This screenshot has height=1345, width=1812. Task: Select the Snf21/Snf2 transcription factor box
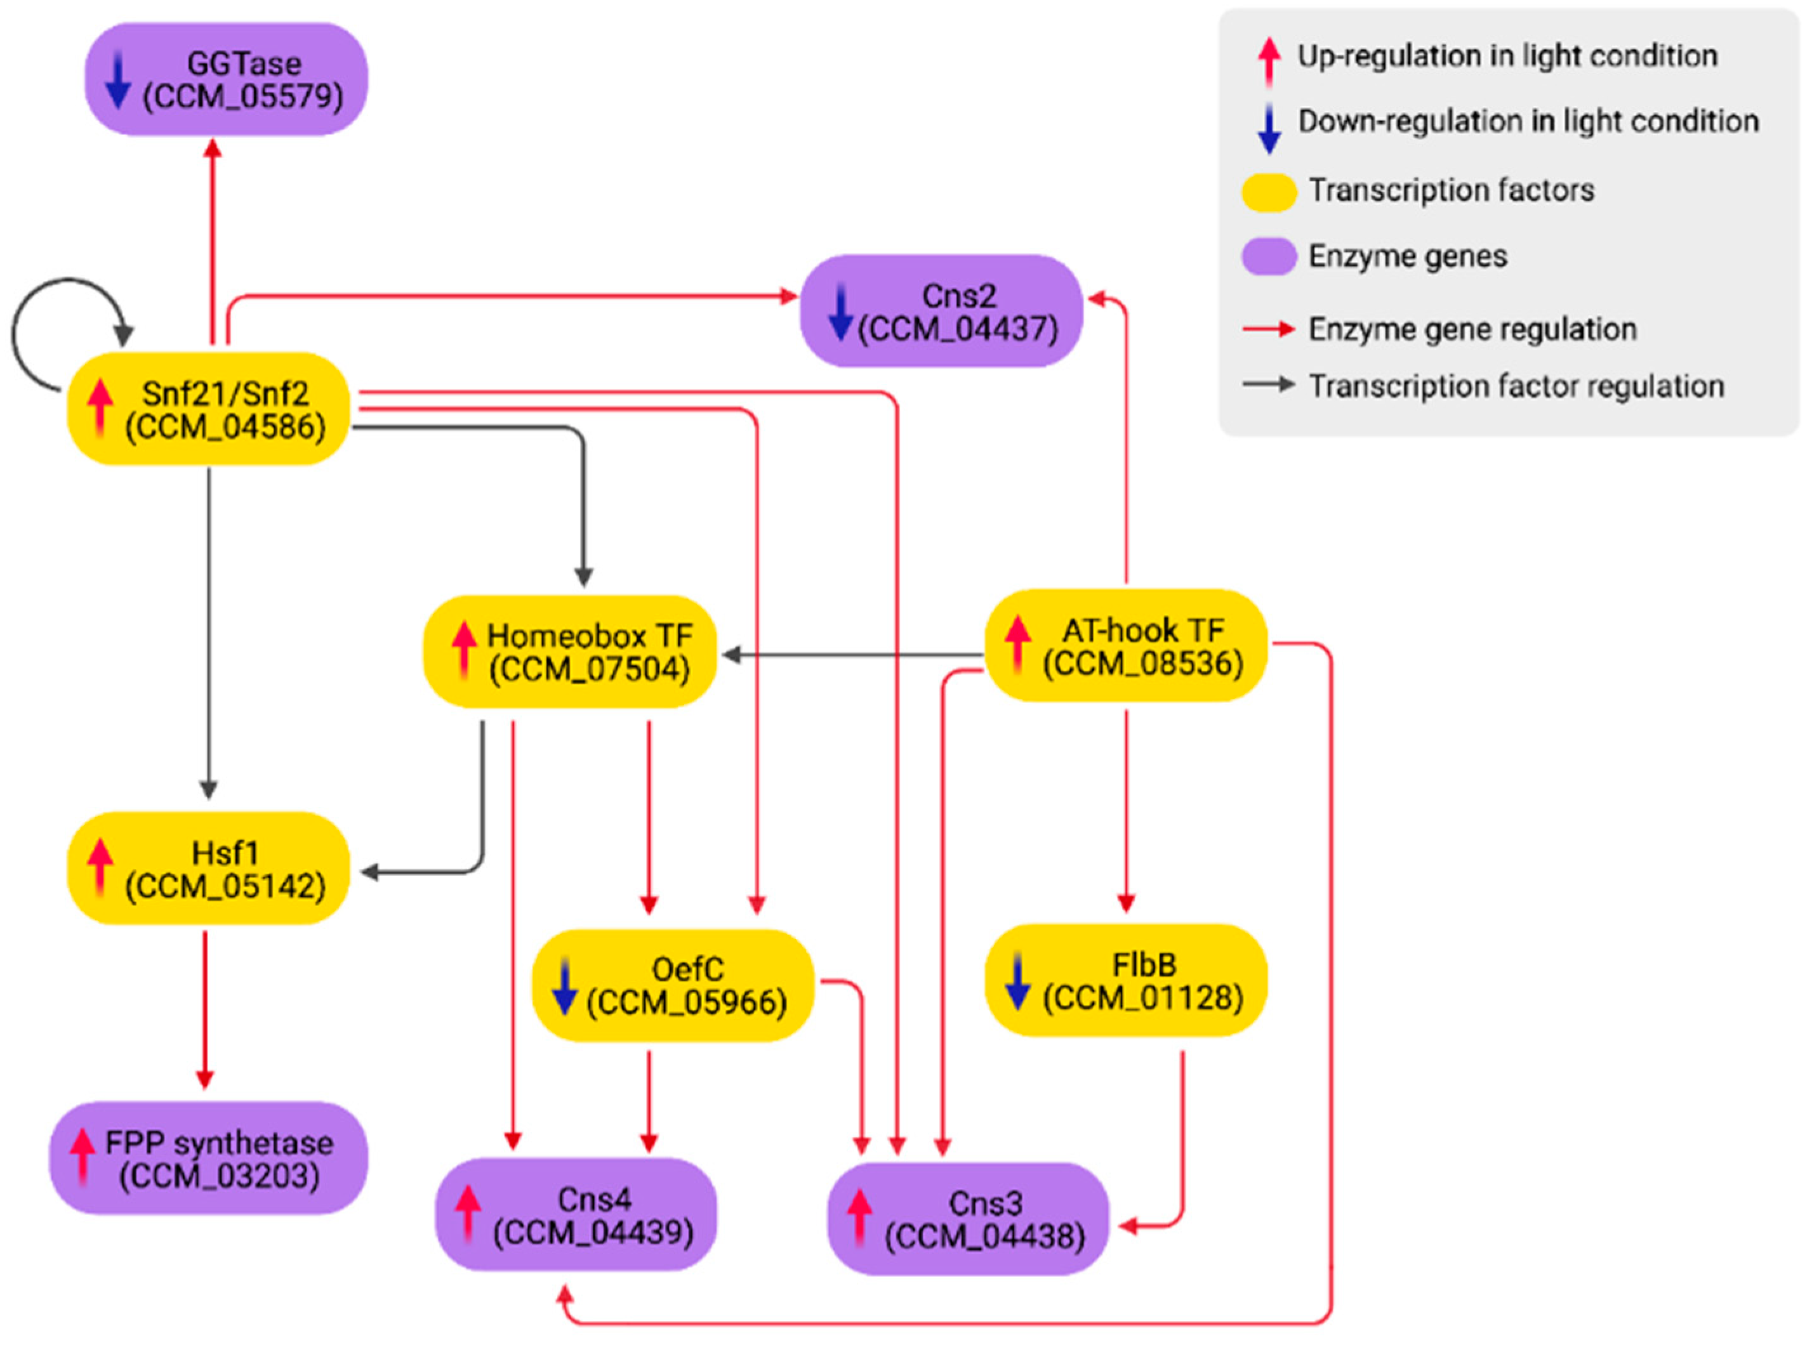(208, 409)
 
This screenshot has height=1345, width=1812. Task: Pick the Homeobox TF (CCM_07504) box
(570, 652)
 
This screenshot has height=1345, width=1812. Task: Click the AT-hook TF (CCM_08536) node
(1127, 646)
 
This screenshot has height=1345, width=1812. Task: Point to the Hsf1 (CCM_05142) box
(208, 868)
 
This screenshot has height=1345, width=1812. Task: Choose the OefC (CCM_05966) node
(673, 985)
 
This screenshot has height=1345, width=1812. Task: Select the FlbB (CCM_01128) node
(1127, 980)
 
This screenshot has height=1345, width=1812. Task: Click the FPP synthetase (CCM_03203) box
(208, 1158)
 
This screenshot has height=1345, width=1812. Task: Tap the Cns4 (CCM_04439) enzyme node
(576, 1215)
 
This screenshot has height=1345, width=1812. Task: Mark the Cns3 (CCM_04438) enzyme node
(969, 1219)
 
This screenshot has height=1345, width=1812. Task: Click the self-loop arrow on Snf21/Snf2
(32, 325)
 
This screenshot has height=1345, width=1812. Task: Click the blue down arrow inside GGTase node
(118, 80)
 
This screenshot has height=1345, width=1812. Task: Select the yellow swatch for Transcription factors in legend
(1269, 192)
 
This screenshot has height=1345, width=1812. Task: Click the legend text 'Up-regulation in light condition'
(1507, 56)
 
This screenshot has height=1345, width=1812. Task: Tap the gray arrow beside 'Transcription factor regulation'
(1269, 384)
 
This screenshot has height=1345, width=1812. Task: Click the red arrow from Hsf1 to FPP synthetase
(204, 1009)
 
